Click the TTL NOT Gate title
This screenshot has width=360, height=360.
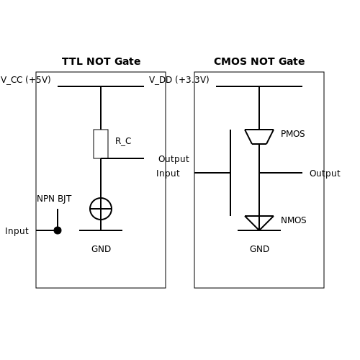(x=101, y=61)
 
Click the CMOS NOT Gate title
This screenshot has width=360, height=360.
(x=259, y=61)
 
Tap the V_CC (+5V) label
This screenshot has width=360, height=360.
(x=26, y=80)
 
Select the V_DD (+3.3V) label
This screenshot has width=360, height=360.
(x=179, y=80)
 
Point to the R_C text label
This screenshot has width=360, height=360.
(x=123, y=141)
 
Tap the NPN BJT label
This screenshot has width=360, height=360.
(x=54, y=199)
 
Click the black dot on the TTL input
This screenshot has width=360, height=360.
(x=58, y=230)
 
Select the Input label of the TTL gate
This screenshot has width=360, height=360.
(x=17, y=231)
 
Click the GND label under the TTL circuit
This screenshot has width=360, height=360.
(x=101, y=249)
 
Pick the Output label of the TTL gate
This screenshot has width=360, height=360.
(x=174, y=159)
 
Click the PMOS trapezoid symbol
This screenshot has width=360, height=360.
(x=259, y=130)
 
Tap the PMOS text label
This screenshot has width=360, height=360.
(x=293, y=134)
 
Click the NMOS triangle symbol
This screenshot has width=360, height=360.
(x=259, y=217)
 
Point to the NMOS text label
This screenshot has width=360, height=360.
(x=294, y=220)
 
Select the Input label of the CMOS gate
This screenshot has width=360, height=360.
(x=168, y=174)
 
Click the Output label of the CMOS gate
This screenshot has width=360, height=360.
(x=325, y=174)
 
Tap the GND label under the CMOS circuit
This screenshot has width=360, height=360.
(x=259, y=249)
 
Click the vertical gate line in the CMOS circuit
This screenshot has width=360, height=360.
(x=230, y=173)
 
